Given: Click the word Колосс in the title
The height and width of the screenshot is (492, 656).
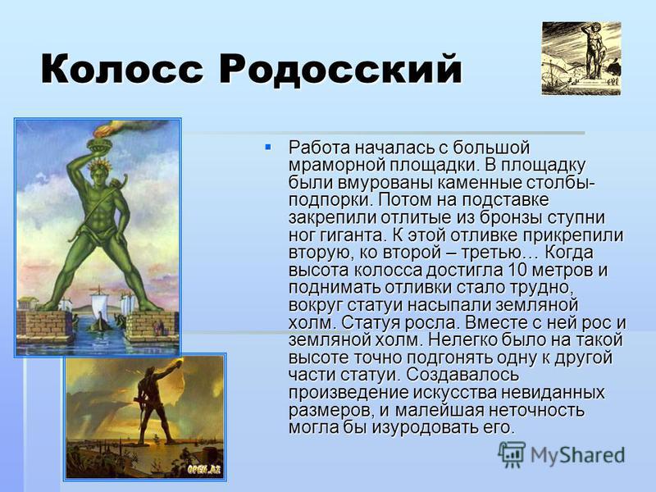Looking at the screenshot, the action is coord(122,68).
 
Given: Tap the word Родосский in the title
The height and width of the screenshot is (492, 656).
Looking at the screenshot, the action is coord(340,70).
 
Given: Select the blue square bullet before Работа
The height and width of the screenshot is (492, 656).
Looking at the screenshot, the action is coord(268,147).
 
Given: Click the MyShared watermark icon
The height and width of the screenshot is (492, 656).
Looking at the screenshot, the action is coord(511,454).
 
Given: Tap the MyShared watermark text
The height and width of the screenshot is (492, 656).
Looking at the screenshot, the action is coord(577,456).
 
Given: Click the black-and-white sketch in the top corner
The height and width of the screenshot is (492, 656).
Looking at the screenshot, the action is coord(581,58).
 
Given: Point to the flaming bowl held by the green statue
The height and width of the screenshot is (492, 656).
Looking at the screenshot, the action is coord(100,144).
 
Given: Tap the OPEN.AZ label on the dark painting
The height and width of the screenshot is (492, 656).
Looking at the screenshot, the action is coord(203,469).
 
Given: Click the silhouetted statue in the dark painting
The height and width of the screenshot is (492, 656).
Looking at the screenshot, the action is coord(155,402).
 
